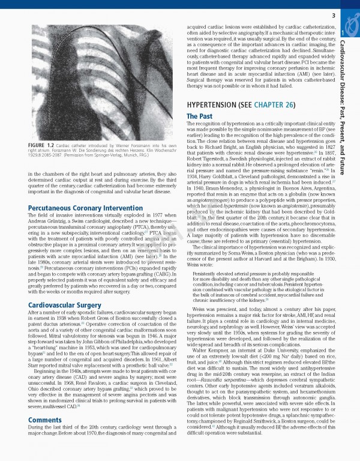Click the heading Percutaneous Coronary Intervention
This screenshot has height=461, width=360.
point(77,208)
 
